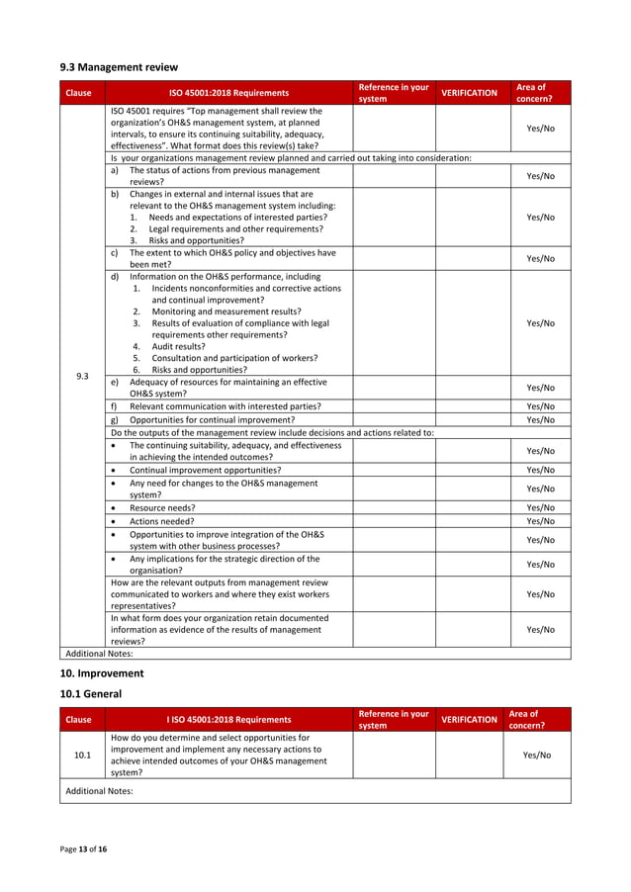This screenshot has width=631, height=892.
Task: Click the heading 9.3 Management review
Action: [119, 67]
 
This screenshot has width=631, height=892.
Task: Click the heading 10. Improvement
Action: [102, 672]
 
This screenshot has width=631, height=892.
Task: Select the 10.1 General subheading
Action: [91, 694]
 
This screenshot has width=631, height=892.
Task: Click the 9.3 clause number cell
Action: [82, 376]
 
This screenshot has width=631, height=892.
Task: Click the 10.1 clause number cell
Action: [82, 756]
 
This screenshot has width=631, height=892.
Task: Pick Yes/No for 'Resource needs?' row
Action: [540, 507]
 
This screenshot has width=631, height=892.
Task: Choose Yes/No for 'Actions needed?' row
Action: [540, 521]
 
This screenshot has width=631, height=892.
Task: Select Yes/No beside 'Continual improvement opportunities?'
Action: [540, 470]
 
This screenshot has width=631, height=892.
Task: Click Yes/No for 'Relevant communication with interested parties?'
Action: [540, 406]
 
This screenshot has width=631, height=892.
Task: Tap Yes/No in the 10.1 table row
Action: [537, 756]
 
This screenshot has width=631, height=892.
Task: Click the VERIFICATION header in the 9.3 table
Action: [468, 93]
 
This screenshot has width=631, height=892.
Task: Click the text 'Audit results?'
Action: [178, 347]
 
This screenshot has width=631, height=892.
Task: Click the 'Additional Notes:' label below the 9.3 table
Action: [98, 654]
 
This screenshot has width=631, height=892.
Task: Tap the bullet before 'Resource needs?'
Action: [116, 507]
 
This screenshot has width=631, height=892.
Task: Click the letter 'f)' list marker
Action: [116, 406]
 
